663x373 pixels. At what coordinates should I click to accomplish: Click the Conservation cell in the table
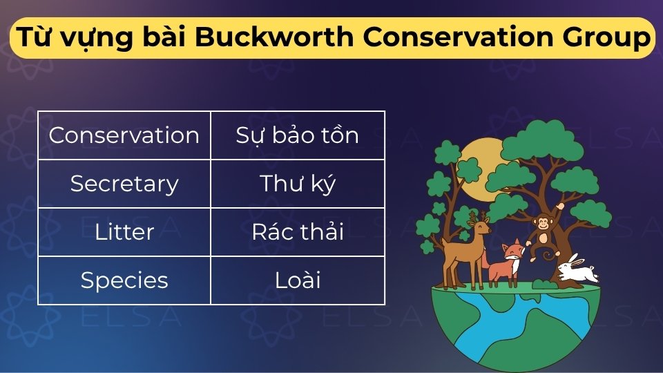click(124, 135)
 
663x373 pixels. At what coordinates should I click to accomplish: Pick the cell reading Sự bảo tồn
click(298, 135)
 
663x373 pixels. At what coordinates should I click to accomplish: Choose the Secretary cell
click(124, 184)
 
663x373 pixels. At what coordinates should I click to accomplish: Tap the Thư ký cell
click(298, 184)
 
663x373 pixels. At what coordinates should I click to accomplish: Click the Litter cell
click(124, 232)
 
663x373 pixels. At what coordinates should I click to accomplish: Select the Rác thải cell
click(298, 232)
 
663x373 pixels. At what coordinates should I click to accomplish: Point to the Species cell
click(124, 280)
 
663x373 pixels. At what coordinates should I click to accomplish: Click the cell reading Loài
click(298, 280)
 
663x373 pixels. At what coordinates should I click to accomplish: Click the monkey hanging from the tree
click(545, 232)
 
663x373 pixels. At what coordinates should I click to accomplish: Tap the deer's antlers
click(476, 216)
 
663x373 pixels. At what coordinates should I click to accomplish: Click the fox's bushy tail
click(488, 262)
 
